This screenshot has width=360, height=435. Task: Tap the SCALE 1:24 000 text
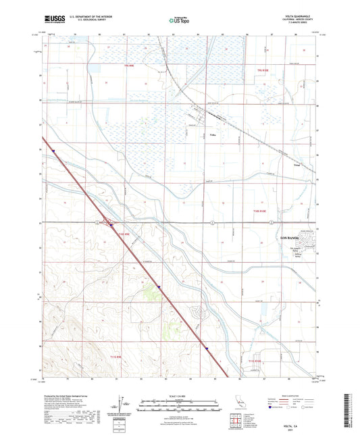180,395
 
